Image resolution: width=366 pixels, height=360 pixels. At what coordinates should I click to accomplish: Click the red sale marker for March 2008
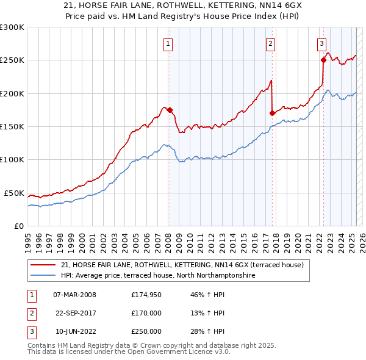[170, 110]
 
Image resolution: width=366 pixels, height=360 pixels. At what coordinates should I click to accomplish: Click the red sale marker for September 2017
[272, 113]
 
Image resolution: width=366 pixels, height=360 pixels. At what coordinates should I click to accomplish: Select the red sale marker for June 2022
[323, 60]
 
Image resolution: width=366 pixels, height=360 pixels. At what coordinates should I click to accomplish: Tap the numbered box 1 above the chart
[167, 43]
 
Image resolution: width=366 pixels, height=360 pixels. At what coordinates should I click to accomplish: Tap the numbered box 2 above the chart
[270, 43]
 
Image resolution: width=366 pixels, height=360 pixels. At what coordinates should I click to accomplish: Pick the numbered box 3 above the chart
[321, 43]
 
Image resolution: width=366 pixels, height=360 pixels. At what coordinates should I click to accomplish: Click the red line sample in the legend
[43, 265]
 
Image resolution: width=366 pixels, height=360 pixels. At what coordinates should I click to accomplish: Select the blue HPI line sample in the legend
[43, 276]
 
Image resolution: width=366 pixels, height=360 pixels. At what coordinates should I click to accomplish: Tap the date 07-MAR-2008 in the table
[75, 295]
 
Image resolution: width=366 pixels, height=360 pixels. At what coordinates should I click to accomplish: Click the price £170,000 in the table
[146, 314]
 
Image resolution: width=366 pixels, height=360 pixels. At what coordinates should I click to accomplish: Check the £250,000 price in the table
[146, 332]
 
